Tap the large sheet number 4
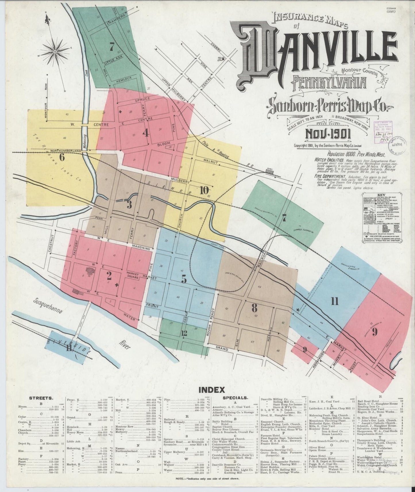click(x=146, y=133)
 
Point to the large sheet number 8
click(x=254, y=308)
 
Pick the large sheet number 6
click(x=61, y=157)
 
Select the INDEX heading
click(x=212, y=390)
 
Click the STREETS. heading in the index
click(x=41, y=398)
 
